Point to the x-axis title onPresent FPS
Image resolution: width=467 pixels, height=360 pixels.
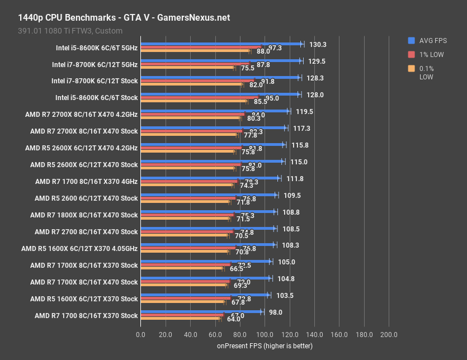(265, 346)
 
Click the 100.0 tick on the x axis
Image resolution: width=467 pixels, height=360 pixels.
(265, 334)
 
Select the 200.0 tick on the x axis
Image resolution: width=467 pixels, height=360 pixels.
(389, 334)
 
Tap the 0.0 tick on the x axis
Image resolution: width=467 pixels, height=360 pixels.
(140, 334)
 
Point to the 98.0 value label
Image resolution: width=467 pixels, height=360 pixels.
(276, 312)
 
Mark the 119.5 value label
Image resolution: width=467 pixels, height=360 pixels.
(304, 111)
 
